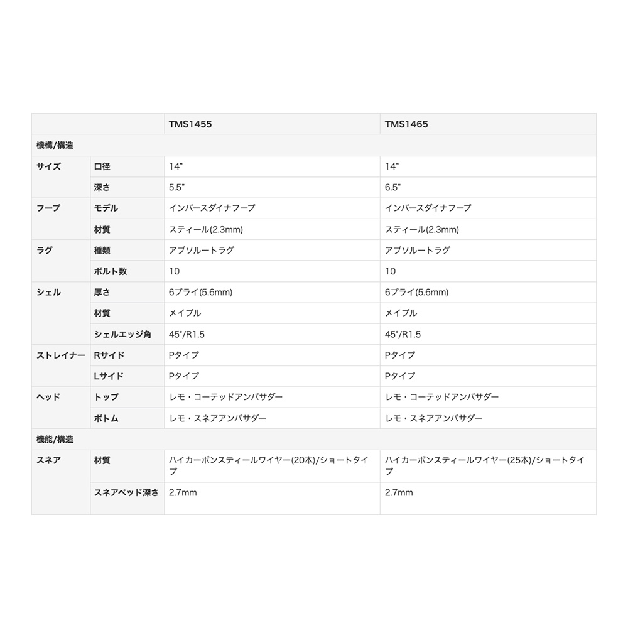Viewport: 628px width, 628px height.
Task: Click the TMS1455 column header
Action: pyautogui.click(x=190, y=124)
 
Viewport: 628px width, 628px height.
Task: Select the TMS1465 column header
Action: pyautogui.click(x=406, y=124)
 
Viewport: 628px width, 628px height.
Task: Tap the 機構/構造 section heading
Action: pyautogui.click(x=55, y=145)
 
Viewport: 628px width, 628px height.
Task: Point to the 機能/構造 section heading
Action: pyautogui.click(x=55, y=439)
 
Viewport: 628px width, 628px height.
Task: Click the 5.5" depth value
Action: pyautogui.click(x=179, y=187)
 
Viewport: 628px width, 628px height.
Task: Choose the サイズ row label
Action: pyautogui.click(x=49, y=166)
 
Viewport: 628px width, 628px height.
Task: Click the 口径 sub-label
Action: pyautogui.click(x=102, y=166)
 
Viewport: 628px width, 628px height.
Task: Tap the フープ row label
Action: pyautogui.click(x=49, y=208)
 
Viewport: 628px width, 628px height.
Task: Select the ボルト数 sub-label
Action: pyautogui.click(x=111, y=271)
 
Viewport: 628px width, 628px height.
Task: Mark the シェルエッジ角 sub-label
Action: pyautogui.click(x=122, y=334)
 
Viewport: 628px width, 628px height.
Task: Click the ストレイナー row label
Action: pyautogui.click(x=61, y=355)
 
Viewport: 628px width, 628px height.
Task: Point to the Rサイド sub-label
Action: pyautogui.click(x=109, y=355)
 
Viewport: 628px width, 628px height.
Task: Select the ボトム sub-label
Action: pyautogui.click(x=106, y=418)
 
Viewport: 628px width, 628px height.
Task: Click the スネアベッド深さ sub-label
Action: pyautogui.click(x=126, y=492)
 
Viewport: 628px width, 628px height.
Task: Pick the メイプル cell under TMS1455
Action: pyautogui.click(x=185, y=313)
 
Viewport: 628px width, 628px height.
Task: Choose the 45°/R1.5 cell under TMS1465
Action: pyautogui.click(x=403, y=334)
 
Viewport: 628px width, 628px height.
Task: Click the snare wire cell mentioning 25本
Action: pyautogui.click(x=484, y=465)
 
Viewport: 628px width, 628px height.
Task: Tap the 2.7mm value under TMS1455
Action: pyautogui.click(x=183, y=492)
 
